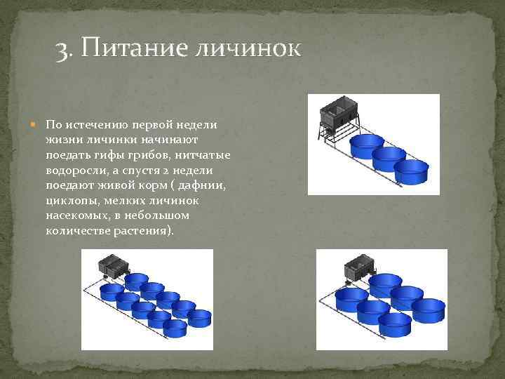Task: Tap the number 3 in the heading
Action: tap(62, 50)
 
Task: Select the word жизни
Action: tap(61, 140)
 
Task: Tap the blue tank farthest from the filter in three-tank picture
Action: tap(411, 173)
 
